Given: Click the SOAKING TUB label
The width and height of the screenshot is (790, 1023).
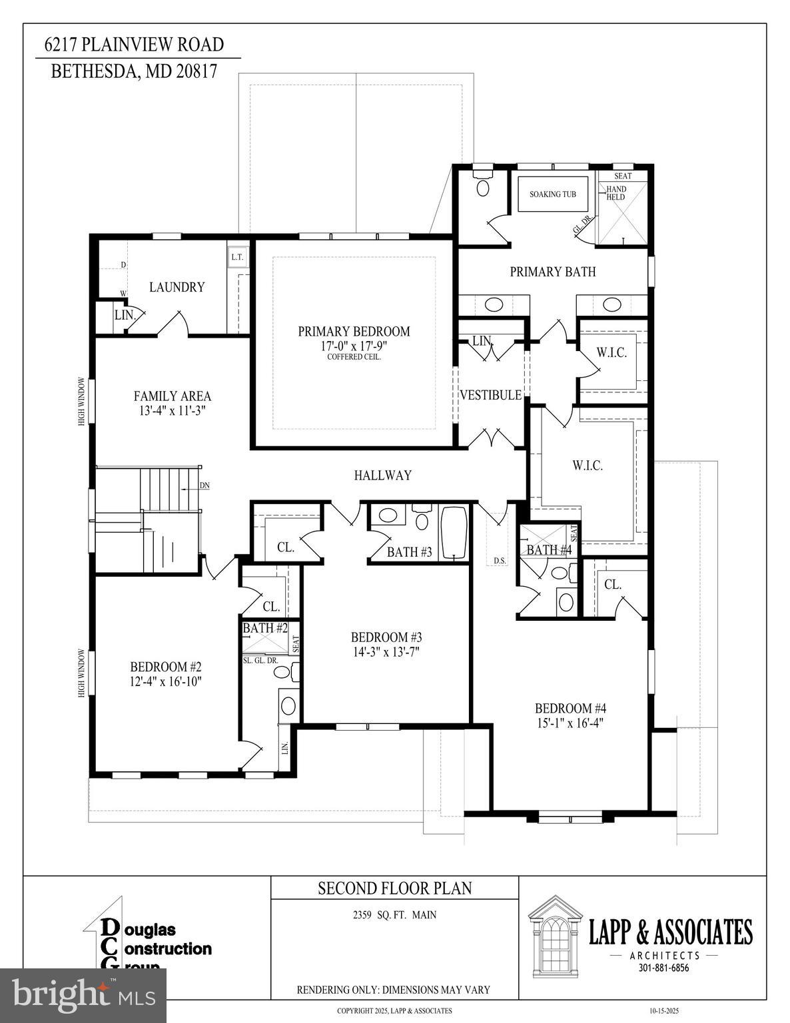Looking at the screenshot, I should (x=552, y=194).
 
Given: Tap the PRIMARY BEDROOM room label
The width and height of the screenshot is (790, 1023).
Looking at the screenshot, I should (x=354, y=332).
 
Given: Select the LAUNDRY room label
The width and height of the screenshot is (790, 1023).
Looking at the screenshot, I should (x=177, y=287).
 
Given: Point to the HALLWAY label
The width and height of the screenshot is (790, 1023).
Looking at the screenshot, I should (x=382, y=476).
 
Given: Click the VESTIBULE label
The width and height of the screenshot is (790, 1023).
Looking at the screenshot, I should (x=490, y=396).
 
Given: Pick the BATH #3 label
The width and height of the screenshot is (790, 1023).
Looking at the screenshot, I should (x=409, y=552).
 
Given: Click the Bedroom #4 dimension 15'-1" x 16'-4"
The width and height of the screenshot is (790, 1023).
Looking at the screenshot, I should (x=571, y=723).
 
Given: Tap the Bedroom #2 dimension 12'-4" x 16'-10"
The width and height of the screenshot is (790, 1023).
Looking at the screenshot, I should (x=165, y=681).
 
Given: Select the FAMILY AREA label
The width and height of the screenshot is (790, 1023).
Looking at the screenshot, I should (x=172, y=396).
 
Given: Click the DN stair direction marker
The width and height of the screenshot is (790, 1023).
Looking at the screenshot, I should (x=204, y=485).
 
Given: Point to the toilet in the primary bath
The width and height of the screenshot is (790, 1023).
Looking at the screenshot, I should (x=483, y=184).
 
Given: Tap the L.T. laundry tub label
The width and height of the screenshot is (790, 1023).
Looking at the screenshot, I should (x=237, y=257).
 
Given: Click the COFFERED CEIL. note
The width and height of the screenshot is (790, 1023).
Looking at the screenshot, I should (x=354, y=357).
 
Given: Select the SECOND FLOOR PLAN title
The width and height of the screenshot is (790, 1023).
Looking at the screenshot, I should (x=394, y=888).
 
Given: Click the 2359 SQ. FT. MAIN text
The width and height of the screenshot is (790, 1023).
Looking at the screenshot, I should (x=394, y=915).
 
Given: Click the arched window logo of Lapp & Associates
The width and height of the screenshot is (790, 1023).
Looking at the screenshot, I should (x=554, y=935).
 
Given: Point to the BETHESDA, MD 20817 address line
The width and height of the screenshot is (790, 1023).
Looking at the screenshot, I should (x=134, y=71).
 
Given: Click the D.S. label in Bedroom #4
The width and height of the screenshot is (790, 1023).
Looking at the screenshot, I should (x=500, y=561).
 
